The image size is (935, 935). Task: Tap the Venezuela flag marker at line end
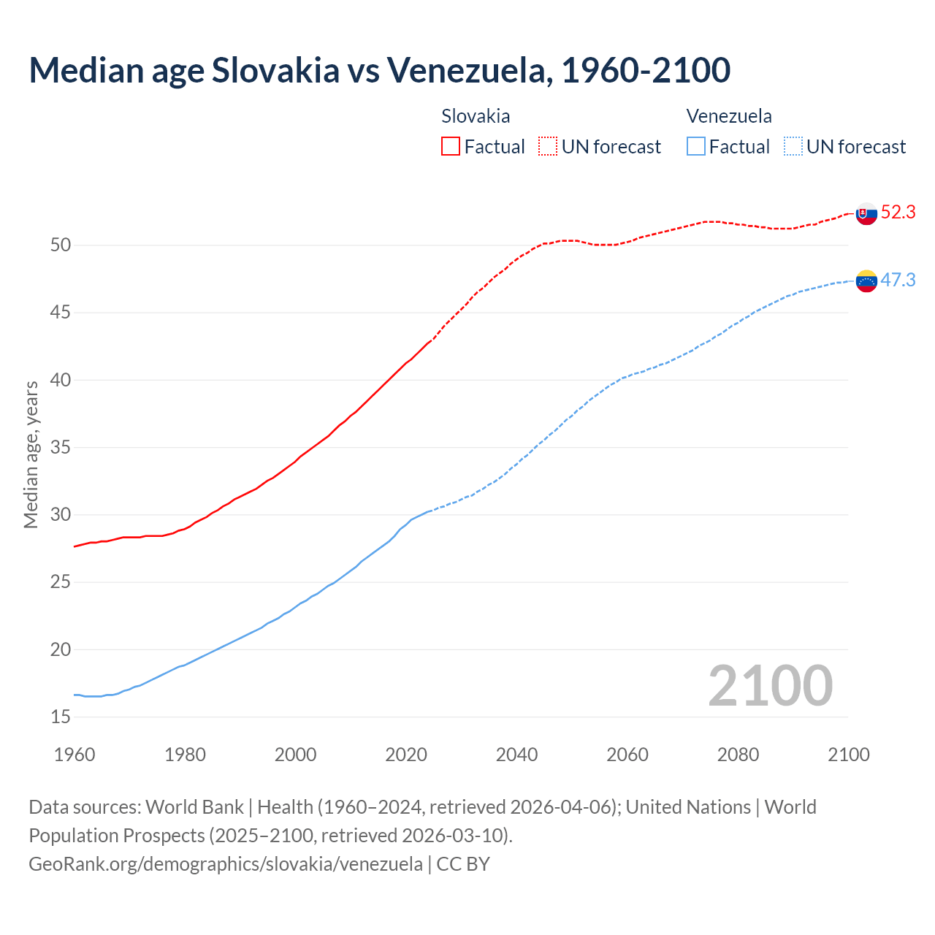(866, 280)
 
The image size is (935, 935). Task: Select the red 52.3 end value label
(898, 213)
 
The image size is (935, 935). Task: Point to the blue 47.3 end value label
(898, 280)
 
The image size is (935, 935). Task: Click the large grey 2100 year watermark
(770, 686)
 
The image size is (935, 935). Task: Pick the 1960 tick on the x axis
(75, 755)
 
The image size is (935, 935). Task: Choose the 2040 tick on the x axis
(516, 755)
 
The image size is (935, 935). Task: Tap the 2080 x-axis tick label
(738, 755)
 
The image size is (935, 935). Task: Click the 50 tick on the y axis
(61, 245)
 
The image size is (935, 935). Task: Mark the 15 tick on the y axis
(61, 717)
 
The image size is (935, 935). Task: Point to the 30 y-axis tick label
(61, 515)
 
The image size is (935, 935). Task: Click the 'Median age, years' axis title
(31, 454)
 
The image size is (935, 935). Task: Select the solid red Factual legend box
(451, 147)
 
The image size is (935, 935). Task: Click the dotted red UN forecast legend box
(548, 147)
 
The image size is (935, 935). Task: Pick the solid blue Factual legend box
(696, 147)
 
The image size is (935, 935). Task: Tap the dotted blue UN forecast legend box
(793, 147)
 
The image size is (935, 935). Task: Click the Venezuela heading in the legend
(729, 116)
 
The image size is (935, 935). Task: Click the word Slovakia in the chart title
(275, 70)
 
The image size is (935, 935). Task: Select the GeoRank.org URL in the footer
(225, 864)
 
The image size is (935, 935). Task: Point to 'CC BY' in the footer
(463, 864)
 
